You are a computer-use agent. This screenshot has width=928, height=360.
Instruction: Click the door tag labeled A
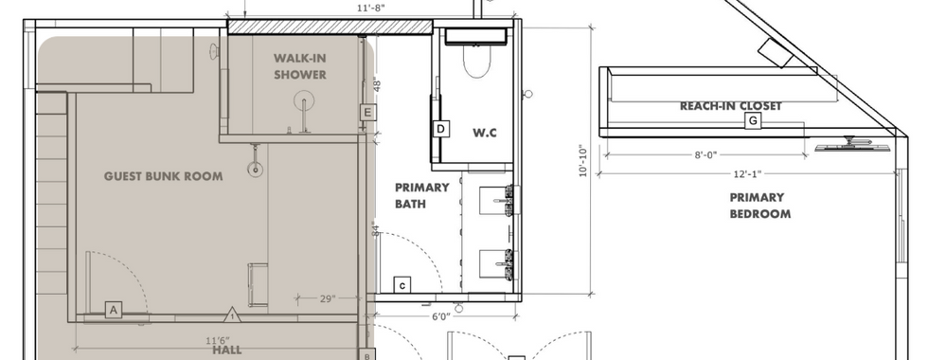pos(114,310)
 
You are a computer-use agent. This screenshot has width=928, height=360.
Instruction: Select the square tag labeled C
pos(402,286)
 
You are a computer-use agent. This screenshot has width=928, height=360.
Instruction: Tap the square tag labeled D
pos(441,129)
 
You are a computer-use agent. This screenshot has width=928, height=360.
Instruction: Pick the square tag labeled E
pos(367,113)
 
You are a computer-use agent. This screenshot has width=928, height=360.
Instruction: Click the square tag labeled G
pos(753,121)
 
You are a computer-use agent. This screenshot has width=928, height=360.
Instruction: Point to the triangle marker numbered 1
pos(233,315)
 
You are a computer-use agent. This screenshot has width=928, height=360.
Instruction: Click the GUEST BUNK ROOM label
pos(163,176)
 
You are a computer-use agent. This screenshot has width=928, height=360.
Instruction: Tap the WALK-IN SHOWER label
pos(300,66)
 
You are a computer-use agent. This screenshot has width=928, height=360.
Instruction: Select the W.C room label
pos(484,133)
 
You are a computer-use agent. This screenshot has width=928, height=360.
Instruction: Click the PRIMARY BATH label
pos(422,195)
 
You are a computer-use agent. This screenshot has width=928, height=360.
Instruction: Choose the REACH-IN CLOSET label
pos(731,106)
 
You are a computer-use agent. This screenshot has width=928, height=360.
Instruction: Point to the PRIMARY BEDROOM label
pos(759,206)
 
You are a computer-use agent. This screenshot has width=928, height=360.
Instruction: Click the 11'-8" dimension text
pos(371,8)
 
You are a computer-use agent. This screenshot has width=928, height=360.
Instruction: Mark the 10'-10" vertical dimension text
pos(583,161)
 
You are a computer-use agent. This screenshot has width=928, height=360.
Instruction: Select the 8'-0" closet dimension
pos(705,155)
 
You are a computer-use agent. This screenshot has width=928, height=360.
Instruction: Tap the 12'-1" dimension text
pos(747,174)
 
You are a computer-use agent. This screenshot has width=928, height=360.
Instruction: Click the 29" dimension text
pos(328,299)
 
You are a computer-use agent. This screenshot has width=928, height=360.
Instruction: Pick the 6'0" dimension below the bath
pos(440,316)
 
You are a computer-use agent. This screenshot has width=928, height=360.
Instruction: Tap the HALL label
pos(227,350)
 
